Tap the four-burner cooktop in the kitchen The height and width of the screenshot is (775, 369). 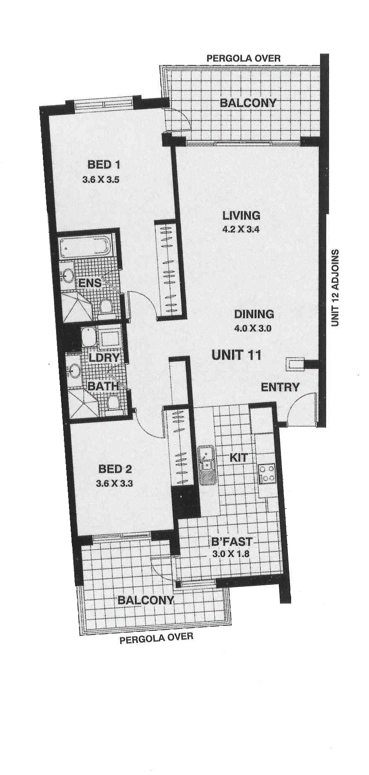point(267,473)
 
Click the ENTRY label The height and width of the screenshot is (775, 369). point(280,387)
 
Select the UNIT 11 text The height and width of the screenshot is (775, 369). point(236,355)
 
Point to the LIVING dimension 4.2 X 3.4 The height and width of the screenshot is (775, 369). point(241,229)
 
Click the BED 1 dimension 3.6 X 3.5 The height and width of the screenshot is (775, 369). point(101,180)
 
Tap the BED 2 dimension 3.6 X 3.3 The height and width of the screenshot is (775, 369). point(114,483)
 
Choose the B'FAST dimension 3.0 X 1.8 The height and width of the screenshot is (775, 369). point(231,554)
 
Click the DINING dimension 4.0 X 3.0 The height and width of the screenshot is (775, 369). point(253,328)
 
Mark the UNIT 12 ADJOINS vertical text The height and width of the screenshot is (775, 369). point(335,288)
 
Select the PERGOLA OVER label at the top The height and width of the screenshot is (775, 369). point(244,58)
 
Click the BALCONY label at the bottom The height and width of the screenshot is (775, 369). point(146,600)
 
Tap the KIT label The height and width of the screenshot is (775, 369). point(239,457)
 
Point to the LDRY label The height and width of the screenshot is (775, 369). point(104,358)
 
